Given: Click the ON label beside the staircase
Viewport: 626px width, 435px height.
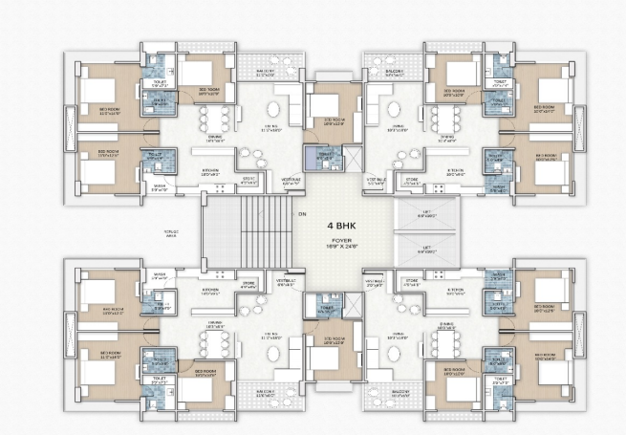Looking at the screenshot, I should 302,214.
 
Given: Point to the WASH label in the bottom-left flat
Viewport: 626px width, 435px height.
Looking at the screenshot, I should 160,274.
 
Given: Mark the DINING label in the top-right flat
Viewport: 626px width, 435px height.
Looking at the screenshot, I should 447,137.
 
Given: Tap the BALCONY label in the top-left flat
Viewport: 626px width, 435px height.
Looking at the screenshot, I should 266,72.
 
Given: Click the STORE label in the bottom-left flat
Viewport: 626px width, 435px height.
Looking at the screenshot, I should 248,283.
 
